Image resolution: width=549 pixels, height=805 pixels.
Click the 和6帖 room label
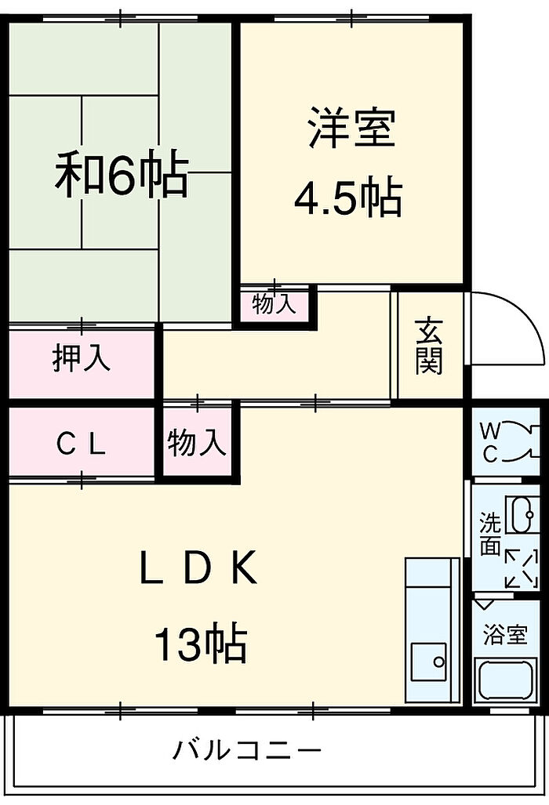[122, 176]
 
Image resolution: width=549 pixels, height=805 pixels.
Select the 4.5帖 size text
[348, 199]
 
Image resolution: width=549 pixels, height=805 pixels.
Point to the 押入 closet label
[82, 358]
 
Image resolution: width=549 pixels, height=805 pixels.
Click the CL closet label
[81, 444]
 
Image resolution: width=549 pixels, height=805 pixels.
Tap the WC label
[489, 442]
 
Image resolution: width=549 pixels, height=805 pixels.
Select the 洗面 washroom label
[489, 535]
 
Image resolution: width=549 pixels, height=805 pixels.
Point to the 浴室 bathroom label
[505, 635]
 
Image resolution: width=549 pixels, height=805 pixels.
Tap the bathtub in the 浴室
[508, 682]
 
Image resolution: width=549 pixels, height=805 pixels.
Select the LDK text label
[198, 570]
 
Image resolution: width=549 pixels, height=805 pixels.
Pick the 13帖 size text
[201, 645]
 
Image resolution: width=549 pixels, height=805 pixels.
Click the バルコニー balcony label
[247, 751]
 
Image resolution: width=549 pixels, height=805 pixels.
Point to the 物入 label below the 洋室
[274, 304]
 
